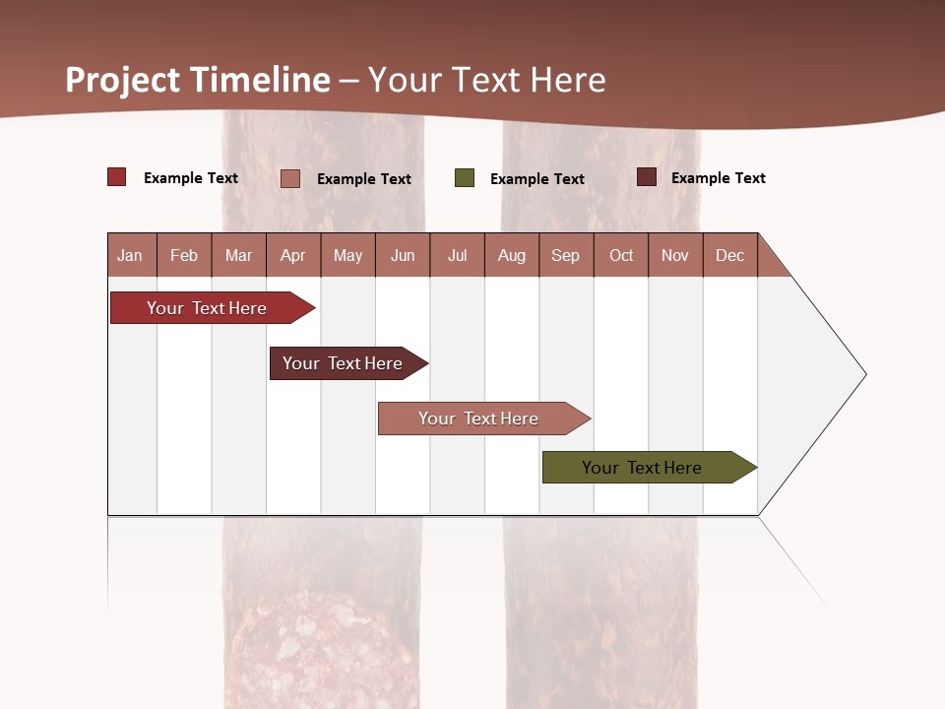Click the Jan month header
pos(131,255)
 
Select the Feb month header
pos(184,255)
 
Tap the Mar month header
pos(238,255)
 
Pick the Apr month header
pos(293,255)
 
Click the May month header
pos(347,255)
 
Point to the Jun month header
pos(403,255)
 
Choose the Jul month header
pos(457,255)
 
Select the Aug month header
pos(512,255)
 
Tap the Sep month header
pos(566,255)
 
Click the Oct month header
pos(621,255)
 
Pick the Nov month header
pos(675,255)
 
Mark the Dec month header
pos(730,255)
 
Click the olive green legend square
pos(465,178)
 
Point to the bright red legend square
pos(117,177)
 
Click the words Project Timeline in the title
pos(198,80)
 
